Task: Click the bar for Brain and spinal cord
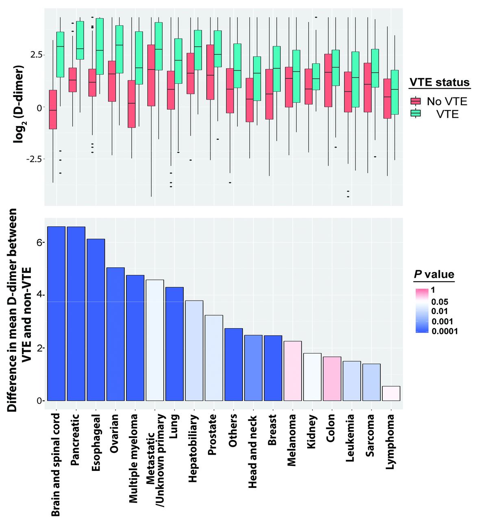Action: tap(56, 313)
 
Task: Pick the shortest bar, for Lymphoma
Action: tap(391, 393)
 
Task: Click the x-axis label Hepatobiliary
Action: tap(193, 448)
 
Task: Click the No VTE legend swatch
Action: tap(416, 101)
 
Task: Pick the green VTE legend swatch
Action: tap(416, 114)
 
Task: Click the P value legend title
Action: tap(434, 274)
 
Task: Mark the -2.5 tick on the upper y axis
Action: tap(35, 159)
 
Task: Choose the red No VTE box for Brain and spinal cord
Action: tap(52, 110)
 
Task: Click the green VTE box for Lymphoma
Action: tap(395, 92)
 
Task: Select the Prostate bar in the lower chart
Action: tap(214, 358)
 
